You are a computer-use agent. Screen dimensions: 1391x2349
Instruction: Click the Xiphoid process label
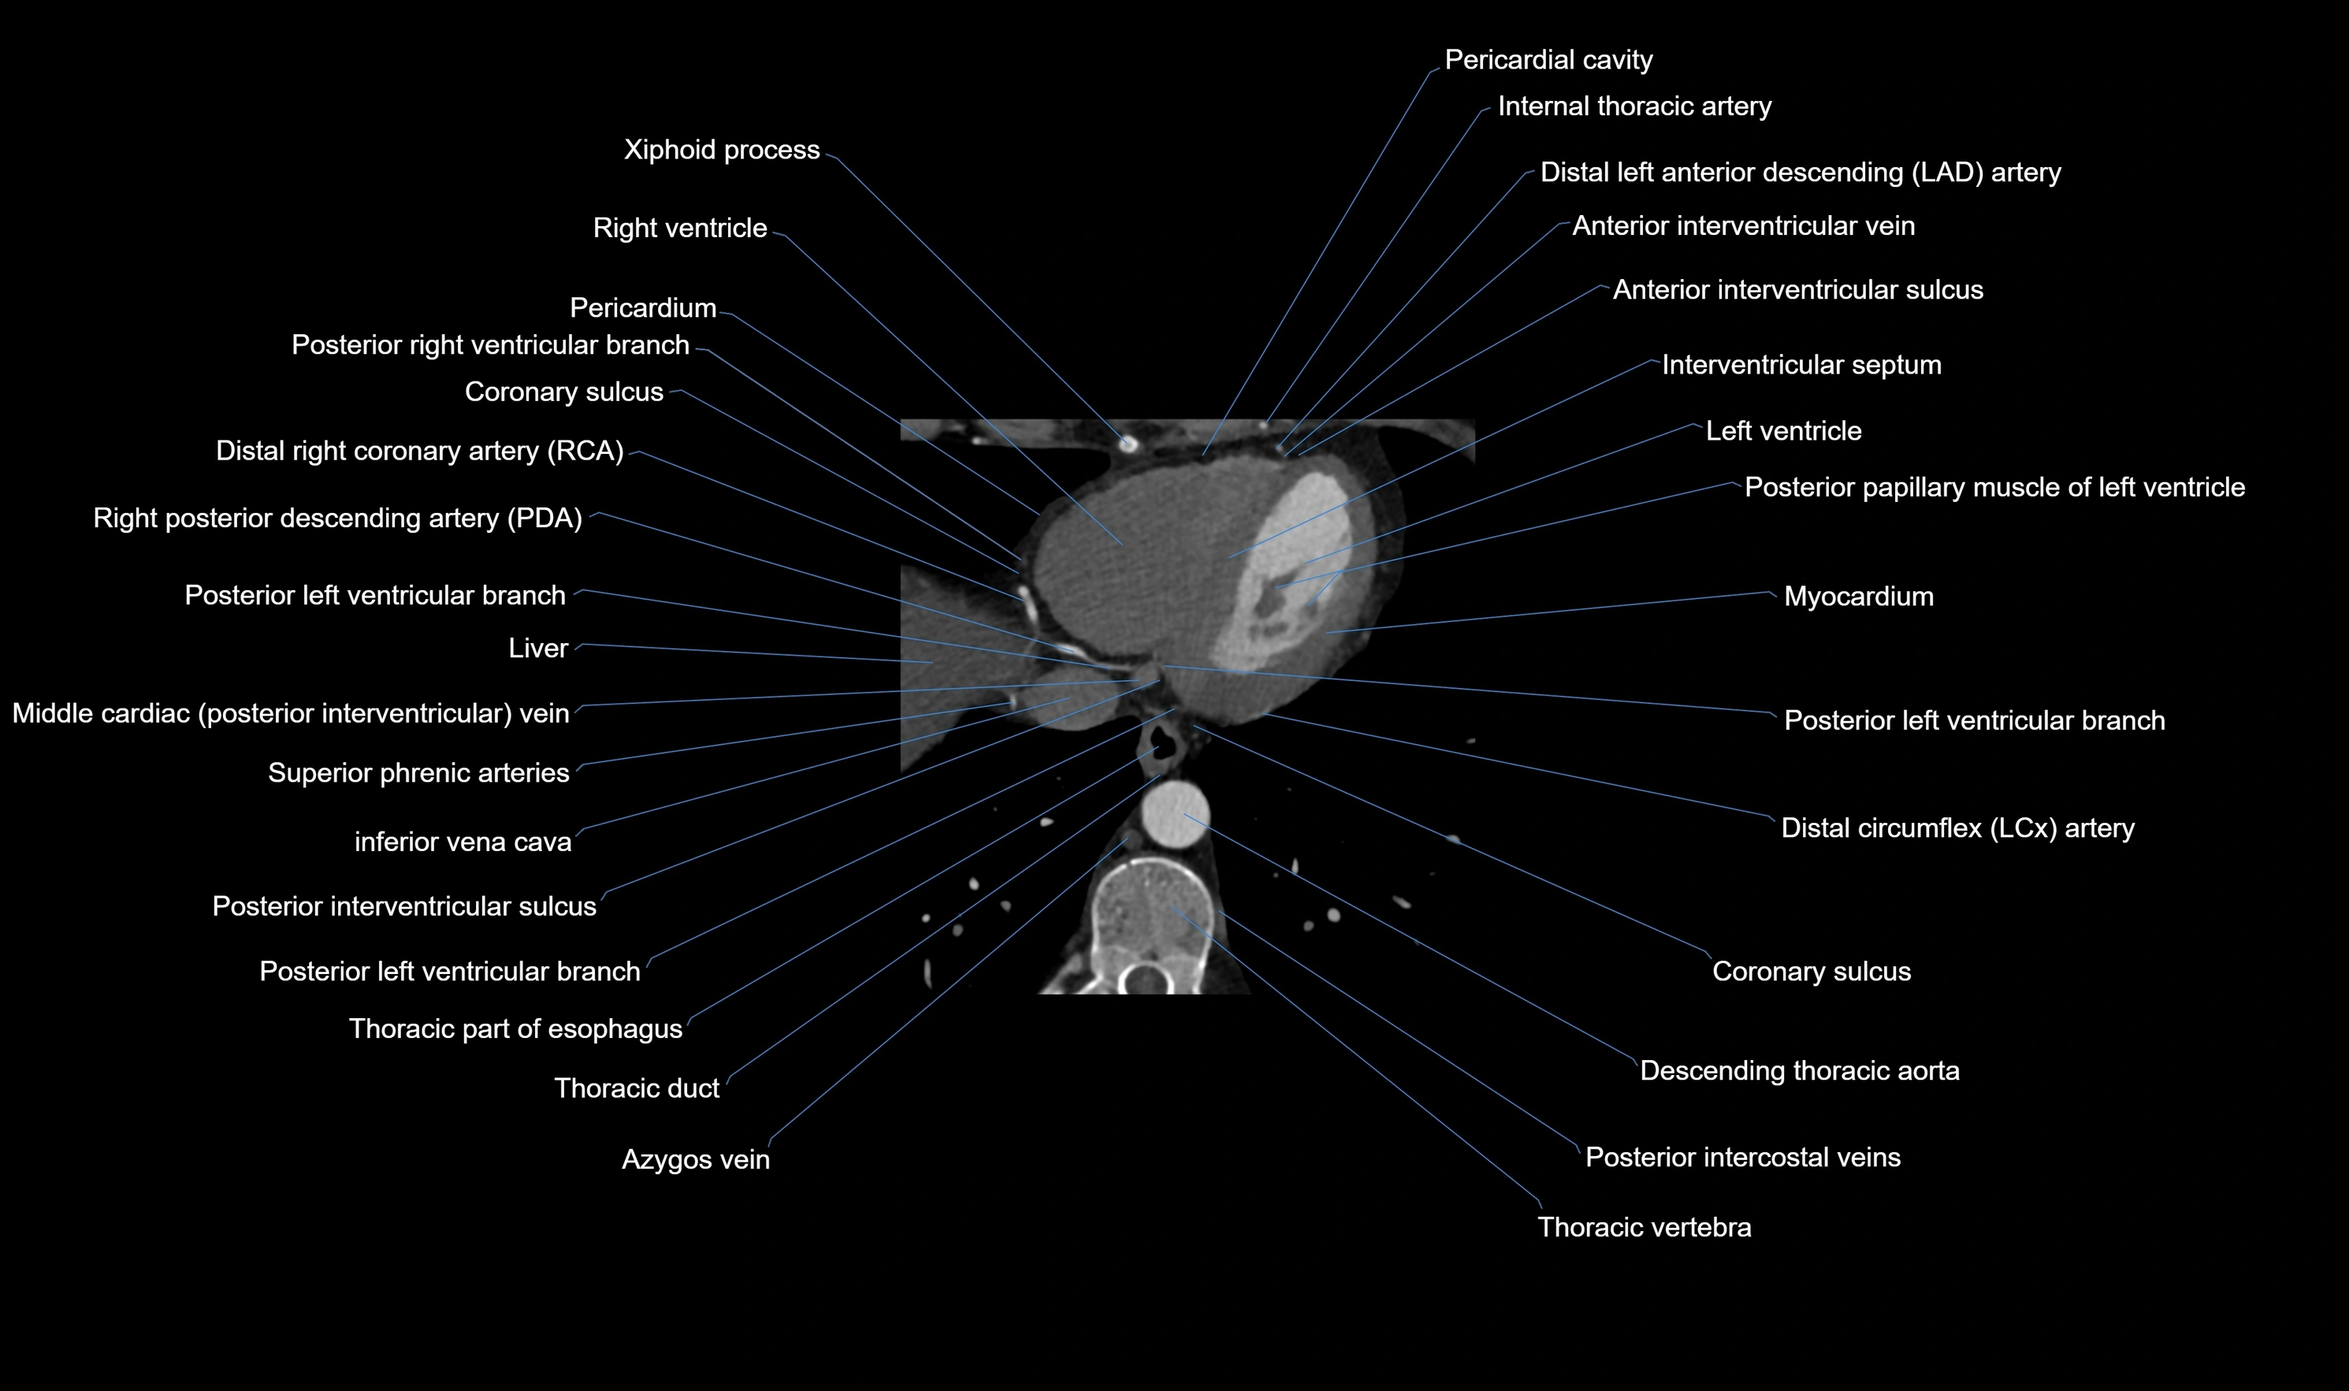point(722,150)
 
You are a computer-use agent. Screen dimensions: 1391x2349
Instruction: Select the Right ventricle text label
point(679,228)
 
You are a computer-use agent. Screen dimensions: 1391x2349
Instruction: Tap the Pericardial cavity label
point(1548,60)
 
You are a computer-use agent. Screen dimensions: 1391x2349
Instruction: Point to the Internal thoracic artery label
point(1634,106)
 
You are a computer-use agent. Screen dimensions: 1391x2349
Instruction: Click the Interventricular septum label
point(1801,365)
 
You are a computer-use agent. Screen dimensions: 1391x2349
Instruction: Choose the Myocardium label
point(1858,596)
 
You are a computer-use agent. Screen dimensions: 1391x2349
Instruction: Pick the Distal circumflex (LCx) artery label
point(1957,828)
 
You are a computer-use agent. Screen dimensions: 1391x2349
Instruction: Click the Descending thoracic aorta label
point(1799,1070)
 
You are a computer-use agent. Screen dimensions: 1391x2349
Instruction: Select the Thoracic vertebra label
point(1644,1227)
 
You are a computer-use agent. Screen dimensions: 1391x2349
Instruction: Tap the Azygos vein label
point(695,1159)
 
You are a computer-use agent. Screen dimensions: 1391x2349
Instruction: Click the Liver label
point(538,648)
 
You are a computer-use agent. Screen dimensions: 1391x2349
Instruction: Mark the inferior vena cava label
point(463,842)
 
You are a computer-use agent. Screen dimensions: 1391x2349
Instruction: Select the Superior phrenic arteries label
point(419,772)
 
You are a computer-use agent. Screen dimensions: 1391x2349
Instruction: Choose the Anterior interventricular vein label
point(1743,226)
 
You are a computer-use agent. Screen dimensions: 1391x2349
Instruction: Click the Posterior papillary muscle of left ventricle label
point(1994,487)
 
